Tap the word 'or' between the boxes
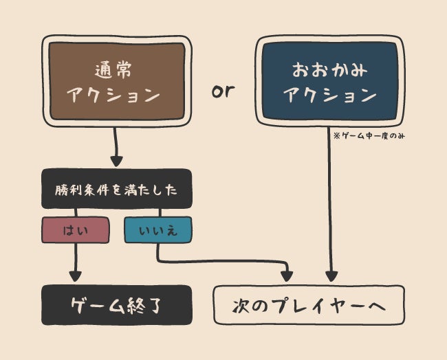click(x=223, y=91)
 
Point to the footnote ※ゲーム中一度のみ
click(x=369, y=136)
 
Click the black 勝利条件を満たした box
click(x=116, y=189)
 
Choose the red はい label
click(x=75, y=230)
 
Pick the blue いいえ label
click(x=157, y=230)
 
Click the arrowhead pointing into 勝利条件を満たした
click(x=116, y=161)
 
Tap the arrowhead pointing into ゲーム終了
click(x=75, y=276)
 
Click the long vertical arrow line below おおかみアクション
click(x=331, y=206)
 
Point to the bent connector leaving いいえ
click(x=220, y=261)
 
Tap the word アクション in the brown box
click(x=116, y=95)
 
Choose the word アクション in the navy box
click(x=329, y=95)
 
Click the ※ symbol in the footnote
click(x=336, y=136)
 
